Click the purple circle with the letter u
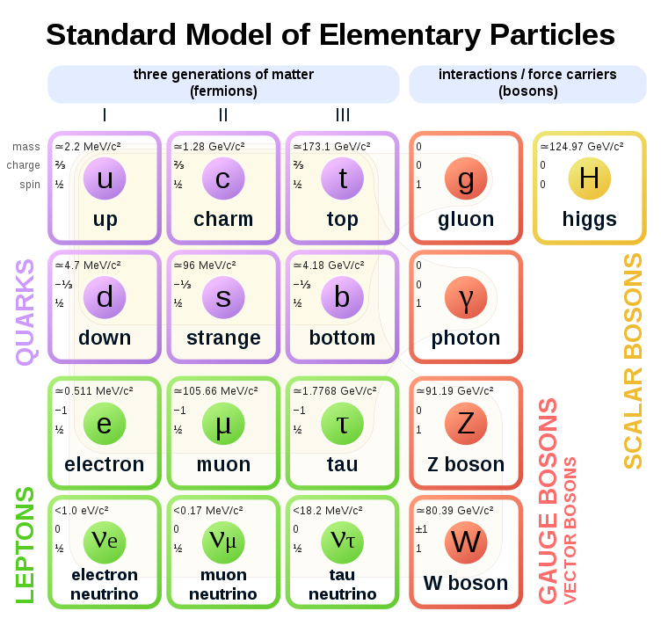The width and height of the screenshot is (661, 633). (105, 178)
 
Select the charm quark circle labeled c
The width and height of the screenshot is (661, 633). (223, 178)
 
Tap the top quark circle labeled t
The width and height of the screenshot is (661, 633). (343, 178)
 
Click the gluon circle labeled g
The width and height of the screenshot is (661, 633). (465, 178)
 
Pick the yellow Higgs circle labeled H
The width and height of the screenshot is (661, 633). (589, 178)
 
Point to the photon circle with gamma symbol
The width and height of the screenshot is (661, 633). (465, 297)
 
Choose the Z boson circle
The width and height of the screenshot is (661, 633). (465, 424)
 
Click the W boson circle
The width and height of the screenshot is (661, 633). (465, 542)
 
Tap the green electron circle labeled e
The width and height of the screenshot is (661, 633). (105, 424)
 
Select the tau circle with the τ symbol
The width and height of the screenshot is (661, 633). (343, 424)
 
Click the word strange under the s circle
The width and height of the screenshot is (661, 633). (223, 338)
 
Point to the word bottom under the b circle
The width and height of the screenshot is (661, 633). (343, 338)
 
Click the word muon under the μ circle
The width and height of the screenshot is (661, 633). (223, 464)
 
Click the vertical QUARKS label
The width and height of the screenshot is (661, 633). (26, 311)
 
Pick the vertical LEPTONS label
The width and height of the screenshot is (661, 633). (26, 545)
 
